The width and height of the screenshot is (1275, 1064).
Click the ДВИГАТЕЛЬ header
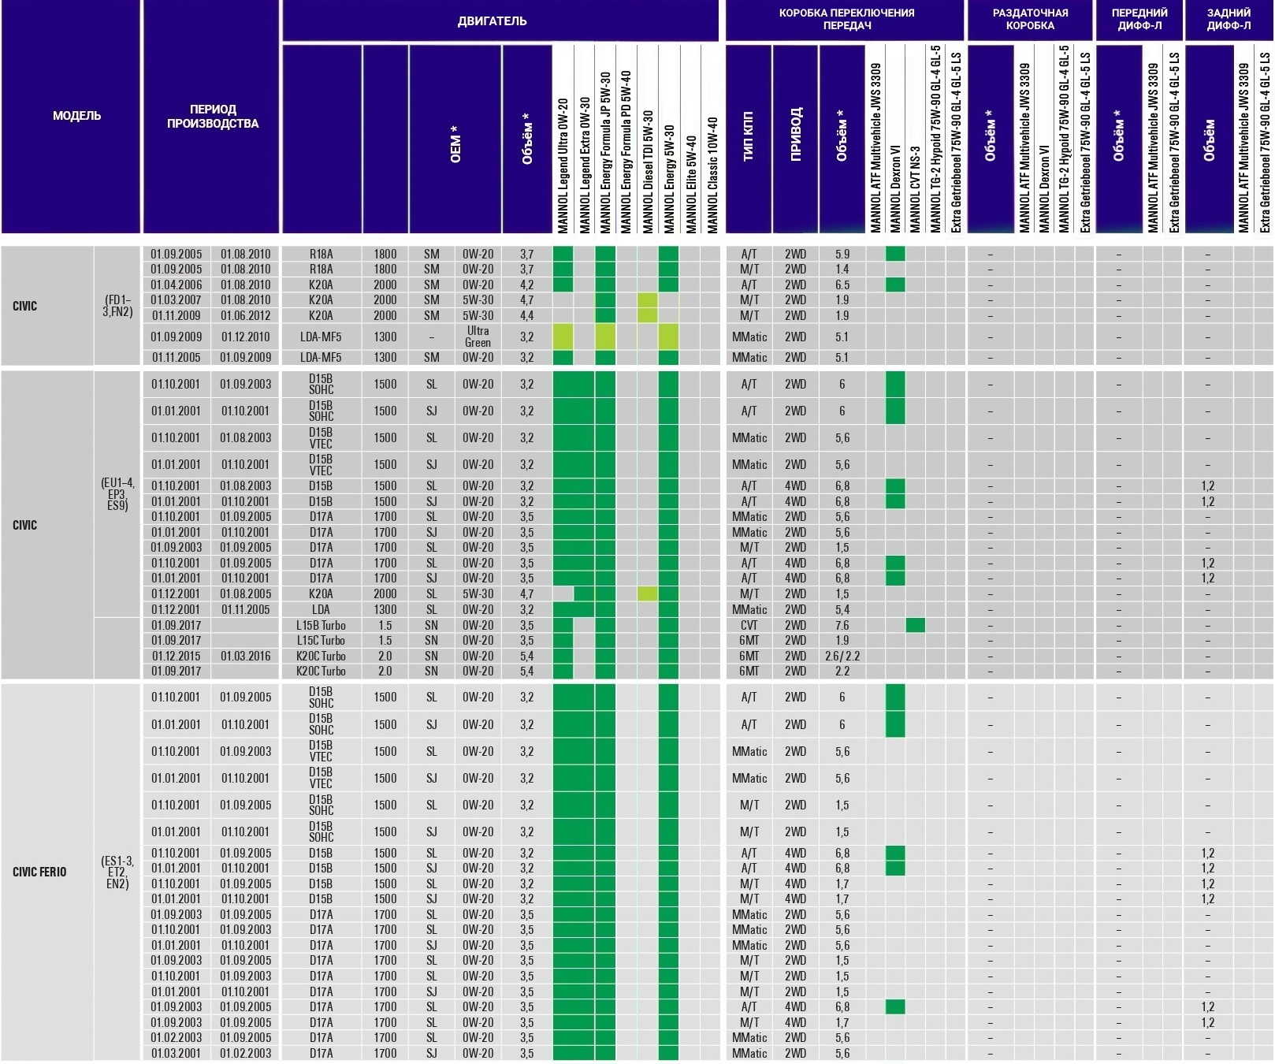(x=492, y=20)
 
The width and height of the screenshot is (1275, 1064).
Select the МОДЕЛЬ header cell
(x=76, y=116)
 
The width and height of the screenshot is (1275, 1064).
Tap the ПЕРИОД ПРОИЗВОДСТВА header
(x=212, y=116)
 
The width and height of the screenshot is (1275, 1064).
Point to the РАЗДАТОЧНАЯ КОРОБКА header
(x=1029, y=19)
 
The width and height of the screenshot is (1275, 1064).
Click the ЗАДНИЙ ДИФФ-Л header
(x=1228, y=19)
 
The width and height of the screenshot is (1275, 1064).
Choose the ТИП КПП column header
(x=748, y=138)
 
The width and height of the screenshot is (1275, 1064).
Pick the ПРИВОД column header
(x=795, y=138)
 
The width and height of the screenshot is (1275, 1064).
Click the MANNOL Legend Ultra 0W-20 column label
(x=563, y=166)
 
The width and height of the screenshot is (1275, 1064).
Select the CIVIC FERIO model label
(x=39, y=872)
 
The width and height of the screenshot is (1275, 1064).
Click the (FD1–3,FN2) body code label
(x=117, y=306)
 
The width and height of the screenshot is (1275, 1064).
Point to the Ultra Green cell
(x=478, y=337)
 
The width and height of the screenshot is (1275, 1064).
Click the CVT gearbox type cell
(x=749, y=625)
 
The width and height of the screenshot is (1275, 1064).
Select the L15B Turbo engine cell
(x=321, y=625)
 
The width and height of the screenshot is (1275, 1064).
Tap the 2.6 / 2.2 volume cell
(x=842, y=656)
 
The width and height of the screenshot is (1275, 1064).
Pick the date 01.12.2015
(x=177, y=656)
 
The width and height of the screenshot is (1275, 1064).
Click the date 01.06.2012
(x=245, y=315)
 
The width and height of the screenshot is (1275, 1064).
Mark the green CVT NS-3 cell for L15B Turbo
(x=915, y=625)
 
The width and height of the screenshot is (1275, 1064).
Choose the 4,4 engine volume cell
(x=526, y=315)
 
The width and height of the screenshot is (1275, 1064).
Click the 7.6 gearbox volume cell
(x=842, y=625)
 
